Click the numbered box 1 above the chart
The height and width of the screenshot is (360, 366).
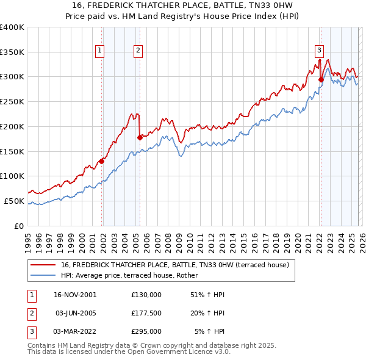(99, 51)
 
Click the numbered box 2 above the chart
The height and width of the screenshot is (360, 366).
(138, 51)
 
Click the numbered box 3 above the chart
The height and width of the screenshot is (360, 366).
(319, 51)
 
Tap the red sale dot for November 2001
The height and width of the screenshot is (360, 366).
(101, 161)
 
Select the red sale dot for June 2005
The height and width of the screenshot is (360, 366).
(140, 137)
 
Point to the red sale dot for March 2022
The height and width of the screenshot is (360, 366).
(321, 79)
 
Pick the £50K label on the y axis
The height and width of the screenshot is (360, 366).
(14, 201)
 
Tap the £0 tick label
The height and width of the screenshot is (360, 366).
(19, 226)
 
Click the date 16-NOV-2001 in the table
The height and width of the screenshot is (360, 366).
(75, 295)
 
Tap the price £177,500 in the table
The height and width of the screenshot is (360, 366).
(146, 313)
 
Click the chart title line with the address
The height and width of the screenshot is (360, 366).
(183, 5)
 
